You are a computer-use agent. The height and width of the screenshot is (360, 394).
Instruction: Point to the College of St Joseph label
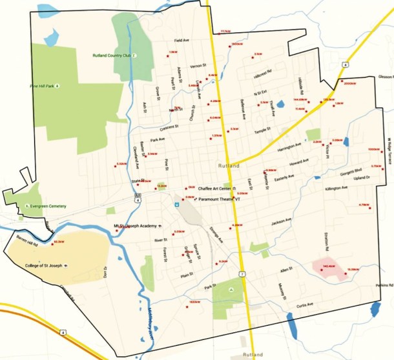point(41,265)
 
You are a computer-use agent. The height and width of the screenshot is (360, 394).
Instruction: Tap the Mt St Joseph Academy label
point(135,226)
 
